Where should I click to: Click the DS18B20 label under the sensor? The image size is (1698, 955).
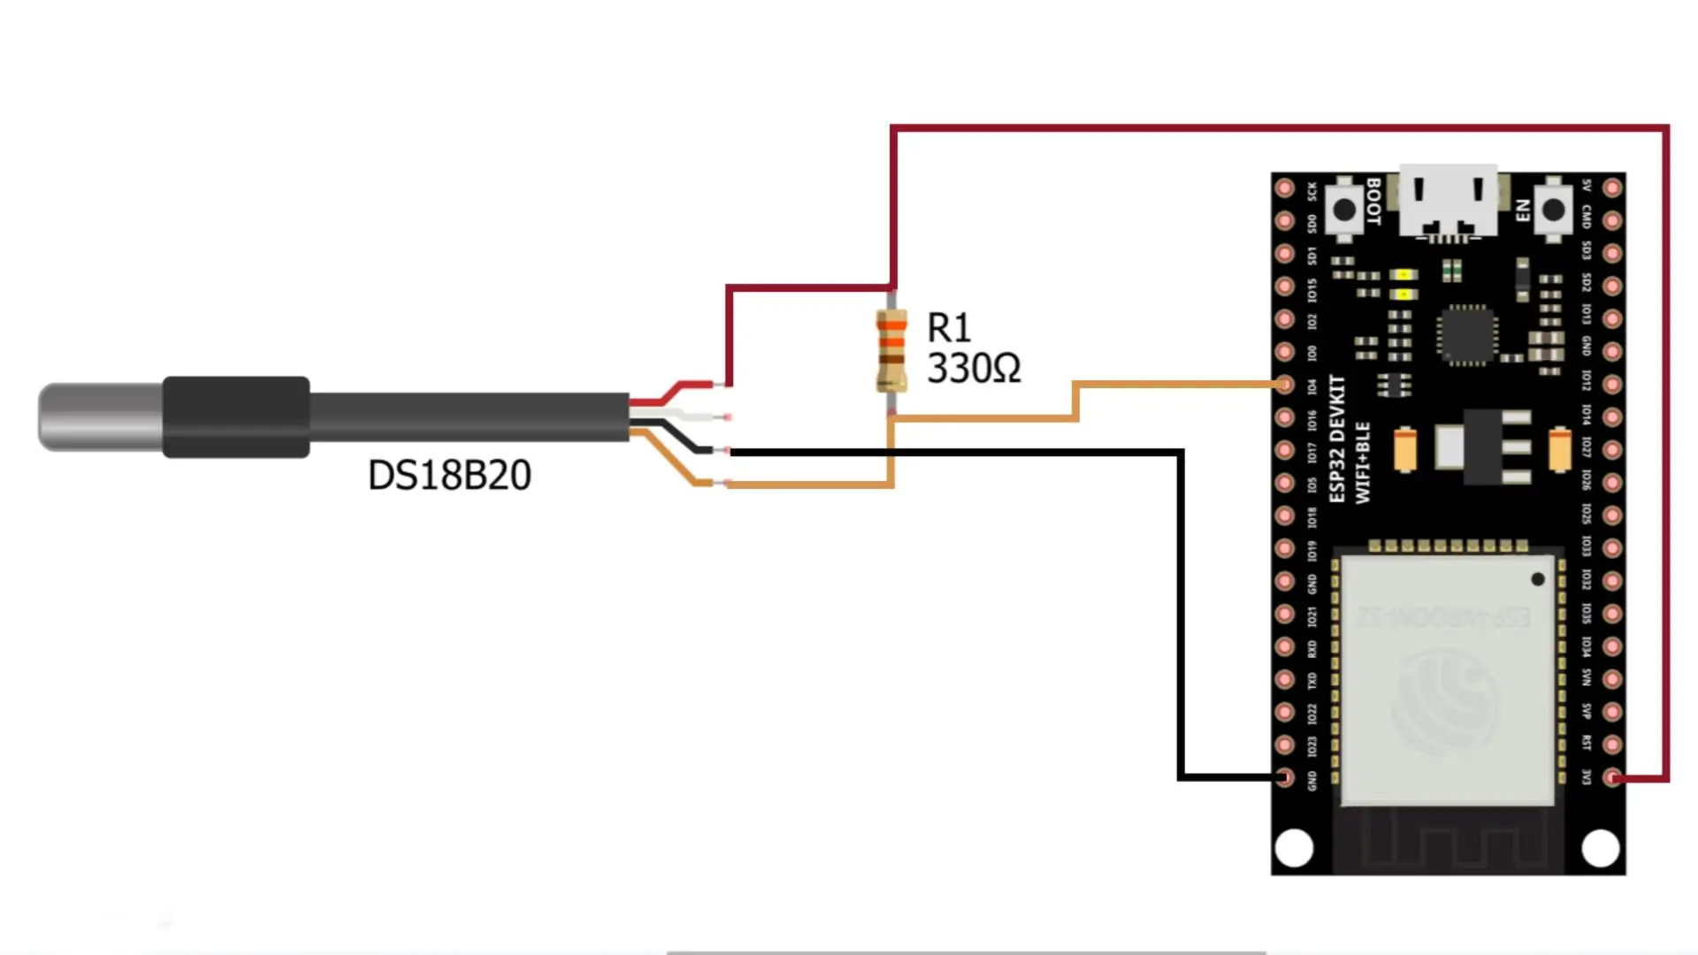pos(449,476)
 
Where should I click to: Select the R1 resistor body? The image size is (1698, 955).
pos(891,350)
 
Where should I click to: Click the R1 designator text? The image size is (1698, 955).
pos(949,328)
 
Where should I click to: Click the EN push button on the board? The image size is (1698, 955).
pos(1553,210)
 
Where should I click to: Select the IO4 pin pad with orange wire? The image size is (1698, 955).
pos(1284,385)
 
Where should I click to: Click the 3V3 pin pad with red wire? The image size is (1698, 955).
pos(1613,778)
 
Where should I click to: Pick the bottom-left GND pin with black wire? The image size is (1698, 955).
pos(1284,778)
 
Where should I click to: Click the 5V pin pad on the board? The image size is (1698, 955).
pos(1613,187)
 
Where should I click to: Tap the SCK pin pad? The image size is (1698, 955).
pos(1284,187)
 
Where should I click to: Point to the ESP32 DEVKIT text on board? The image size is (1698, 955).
pos(1337,439)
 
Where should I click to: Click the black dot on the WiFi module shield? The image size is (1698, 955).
pos(1538,579)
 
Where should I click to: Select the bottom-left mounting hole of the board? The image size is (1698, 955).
pos(1295,848)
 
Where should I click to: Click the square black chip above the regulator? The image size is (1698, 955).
pos(1466,333)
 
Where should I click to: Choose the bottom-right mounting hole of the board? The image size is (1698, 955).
pos(1601,848)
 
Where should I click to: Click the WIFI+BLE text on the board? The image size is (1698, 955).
pos(1363,462)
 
